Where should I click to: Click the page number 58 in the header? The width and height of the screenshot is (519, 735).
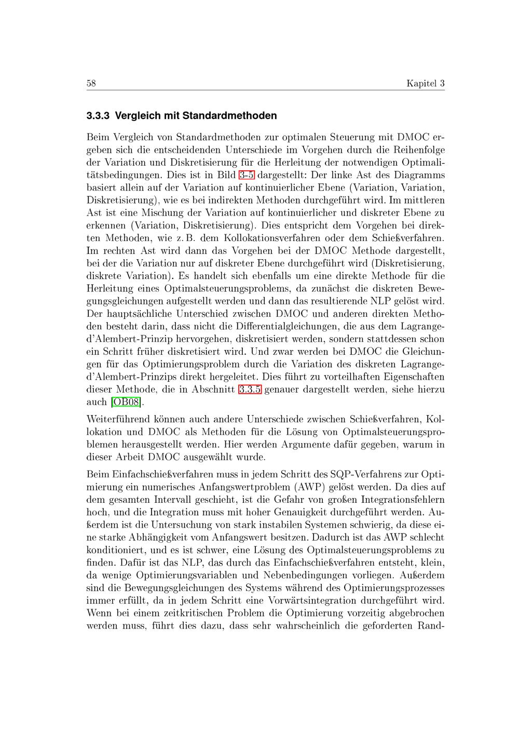[x=91, y=84]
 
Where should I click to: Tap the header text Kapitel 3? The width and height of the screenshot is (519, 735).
[x=426, y=84]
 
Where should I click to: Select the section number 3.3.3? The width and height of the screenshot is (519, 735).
[x=98, y=115]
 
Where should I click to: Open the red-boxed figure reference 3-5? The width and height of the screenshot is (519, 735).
[x=246, y=175]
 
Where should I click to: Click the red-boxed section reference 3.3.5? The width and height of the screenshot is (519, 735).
[x=250, y=389]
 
